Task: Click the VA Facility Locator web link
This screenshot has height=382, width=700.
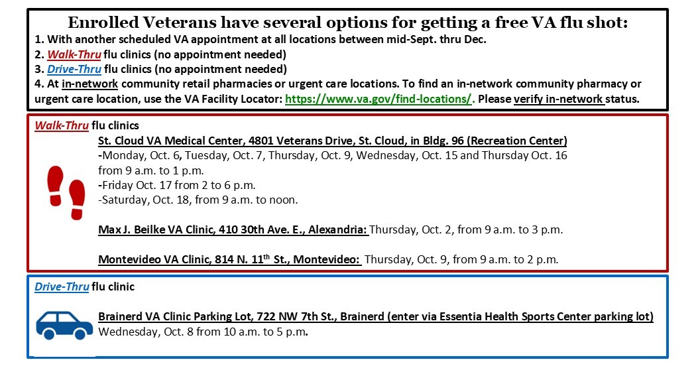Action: [x=378, y=99]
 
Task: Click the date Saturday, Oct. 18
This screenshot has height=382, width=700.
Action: [x=140, y=200]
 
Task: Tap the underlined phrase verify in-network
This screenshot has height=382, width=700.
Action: [x=559, y=99]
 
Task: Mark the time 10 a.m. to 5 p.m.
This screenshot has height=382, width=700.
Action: [x=266, y=332]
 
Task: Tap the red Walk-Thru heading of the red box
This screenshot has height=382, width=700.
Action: [x=62, y=125]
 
